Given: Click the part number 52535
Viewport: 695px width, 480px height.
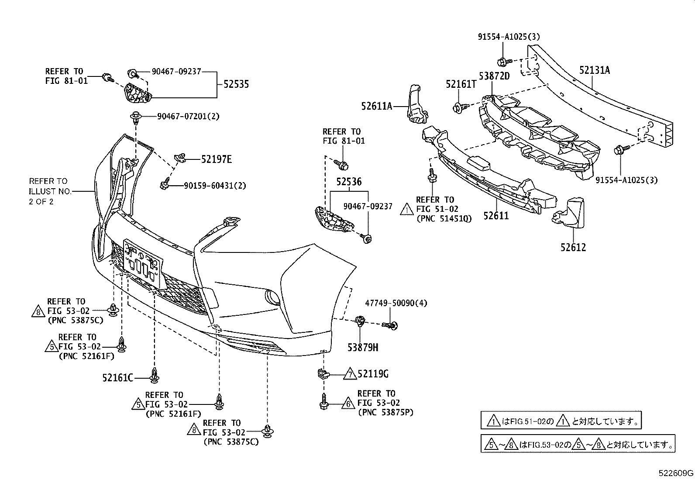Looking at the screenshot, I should coord(236,84).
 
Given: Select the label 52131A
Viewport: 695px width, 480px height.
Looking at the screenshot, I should coord(594,70).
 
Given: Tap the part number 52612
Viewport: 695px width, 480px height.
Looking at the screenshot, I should coord(573,248).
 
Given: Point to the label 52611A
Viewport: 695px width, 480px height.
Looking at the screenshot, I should coord(376,106).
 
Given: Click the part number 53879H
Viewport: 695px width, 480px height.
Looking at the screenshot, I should coord(363,348).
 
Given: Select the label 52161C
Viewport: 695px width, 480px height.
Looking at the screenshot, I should coord(118,377).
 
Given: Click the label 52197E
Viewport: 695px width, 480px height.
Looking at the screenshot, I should coord(216,159).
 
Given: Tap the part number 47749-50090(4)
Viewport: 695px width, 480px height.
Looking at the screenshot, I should coord(396,303).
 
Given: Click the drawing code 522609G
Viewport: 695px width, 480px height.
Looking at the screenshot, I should coord(676,473).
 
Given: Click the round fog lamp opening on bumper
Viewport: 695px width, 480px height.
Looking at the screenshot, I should coord(273,298).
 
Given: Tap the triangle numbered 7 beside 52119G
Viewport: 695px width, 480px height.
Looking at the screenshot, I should coord(349,375).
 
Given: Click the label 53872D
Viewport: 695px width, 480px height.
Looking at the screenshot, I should coord(494,76).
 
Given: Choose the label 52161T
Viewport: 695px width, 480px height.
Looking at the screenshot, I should coord(461,84).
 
